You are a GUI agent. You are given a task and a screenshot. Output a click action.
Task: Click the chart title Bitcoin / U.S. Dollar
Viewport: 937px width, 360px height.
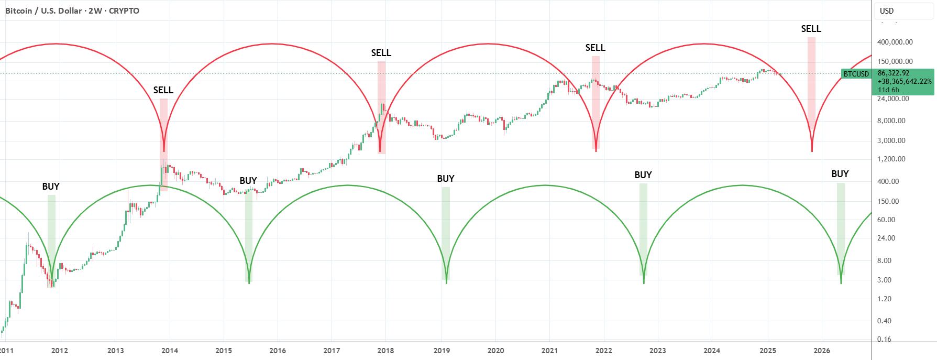(43, 10)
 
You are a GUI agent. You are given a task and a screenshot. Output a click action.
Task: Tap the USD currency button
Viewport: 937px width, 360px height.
(887, 10)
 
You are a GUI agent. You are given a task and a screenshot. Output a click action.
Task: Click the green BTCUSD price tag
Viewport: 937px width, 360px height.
(856, 74)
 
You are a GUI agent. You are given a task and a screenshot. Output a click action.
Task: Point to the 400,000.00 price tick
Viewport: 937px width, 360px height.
(895, 42)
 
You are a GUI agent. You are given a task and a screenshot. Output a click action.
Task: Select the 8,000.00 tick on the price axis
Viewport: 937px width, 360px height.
(891, 121)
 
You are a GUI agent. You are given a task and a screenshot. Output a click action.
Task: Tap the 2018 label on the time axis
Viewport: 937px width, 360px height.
(385, 351)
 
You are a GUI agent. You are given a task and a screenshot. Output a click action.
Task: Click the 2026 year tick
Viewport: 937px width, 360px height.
(822, 351)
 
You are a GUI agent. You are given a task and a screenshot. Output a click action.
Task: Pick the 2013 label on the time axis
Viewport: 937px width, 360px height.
(115, 351)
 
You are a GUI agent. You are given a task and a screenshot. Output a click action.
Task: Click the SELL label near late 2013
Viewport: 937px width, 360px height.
(163, 90)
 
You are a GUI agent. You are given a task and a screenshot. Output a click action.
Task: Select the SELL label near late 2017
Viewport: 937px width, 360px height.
(381, 53)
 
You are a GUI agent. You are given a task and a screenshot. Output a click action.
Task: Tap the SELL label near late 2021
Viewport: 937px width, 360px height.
(596, 48)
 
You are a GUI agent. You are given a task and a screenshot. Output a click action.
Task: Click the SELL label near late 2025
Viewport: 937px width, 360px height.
(811, 29)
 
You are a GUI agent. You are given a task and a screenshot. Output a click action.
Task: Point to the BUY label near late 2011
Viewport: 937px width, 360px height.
(51, 187)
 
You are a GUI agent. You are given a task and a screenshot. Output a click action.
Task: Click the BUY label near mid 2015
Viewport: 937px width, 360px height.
(248, 181)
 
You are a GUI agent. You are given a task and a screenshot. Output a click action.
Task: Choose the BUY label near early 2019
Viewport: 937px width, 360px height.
(446, 179)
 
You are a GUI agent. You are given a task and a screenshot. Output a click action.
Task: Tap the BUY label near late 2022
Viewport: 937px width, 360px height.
(643, 175)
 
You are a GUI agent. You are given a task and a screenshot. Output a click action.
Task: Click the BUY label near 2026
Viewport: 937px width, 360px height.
(840, 174)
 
